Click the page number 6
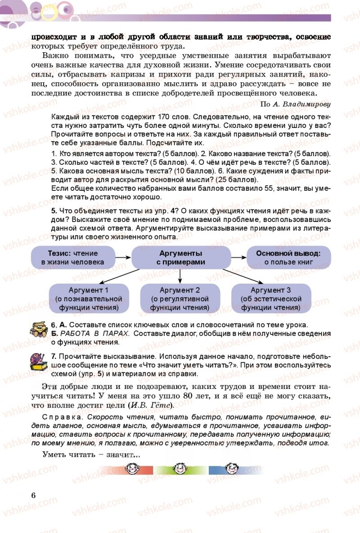33,495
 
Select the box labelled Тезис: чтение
72,258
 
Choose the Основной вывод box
288,258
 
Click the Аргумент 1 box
88,299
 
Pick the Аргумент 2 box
180,299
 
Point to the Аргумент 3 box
271,299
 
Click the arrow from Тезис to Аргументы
122,257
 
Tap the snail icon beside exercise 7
38,361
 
